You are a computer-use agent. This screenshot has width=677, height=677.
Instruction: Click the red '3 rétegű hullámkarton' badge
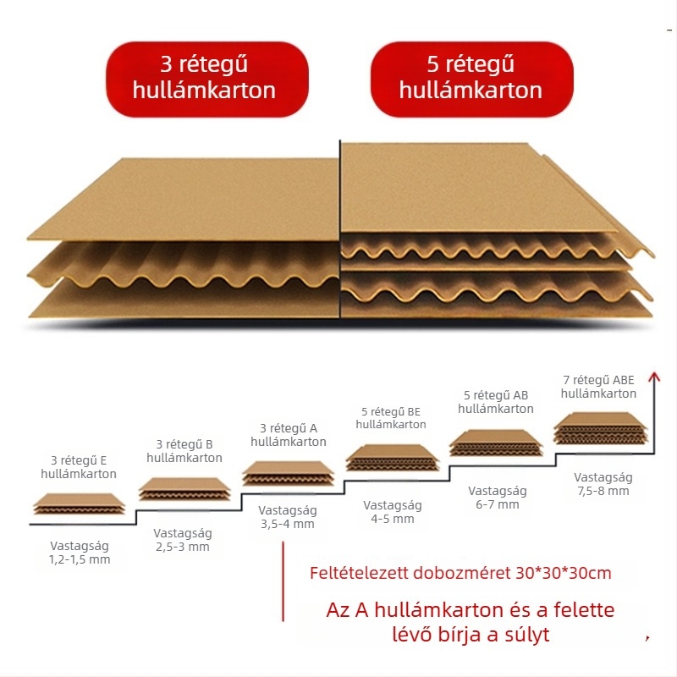pos(207,79)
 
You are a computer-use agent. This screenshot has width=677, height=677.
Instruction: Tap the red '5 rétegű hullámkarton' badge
pos(471,79)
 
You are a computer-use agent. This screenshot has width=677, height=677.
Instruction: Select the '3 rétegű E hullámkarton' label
pos(79,467)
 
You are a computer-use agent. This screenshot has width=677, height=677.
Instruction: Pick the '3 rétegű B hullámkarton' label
pos(184,451)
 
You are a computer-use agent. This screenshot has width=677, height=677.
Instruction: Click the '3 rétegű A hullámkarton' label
pos(289,435)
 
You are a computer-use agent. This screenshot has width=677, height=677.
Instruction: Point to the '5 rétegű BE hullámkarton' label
pos(391,418)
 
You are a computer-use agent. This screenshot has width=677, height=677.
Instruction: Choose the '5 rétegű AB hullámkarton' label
pos(496,402)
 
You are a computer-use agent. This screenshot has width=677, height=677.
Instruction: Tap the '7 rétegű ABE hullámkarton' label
pos(598,387)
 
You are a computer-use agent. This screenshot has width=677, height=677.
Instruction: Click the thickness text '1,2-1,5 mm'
pos(80,559)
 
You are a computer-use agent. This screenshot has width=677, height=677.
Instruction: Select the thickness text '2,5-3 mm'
pos(183,547)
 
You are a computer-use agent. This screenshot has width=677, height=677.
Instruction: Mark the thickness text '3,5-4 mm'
pos(288,524)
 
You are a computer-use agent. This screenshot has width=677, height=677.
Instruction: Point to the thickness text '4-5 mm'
pos(393,519)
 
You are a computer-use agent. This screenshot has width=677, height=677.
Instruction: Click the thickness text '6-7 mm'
pos(498,504)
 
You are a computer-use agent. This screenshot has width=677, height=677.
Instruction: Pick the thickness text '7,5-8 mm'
pos(603,491)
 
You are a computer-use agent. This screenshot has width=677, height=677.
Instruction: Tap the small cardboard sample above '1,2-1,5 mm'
pos(80,504)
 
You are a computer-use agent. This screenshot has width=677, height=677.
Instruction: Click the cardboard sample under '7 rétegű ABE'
pos(601,428)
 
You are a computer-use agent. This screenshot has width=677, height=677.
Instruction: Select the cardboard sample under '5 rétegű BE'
pos(392,458)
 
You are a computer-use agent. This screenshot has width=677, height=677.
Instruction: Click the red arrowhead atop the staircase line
pos(654,377)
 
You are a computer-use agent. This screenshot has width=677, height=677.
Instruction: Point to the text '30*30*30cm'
pos(564,573)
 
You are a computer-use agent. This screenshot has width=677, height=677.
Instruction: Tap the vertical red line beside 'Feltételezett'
pos(283,581)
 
